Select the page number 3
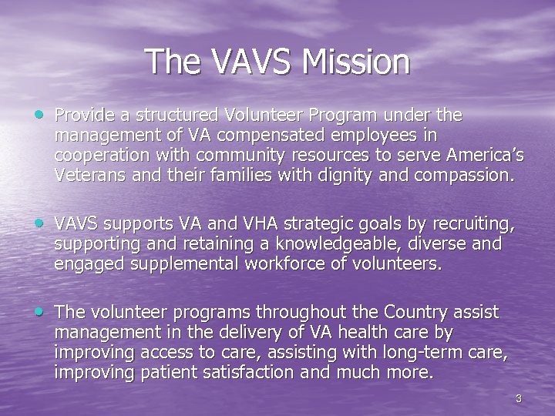[x=519, y=398]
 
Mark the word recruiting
[x=474, y=224]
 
